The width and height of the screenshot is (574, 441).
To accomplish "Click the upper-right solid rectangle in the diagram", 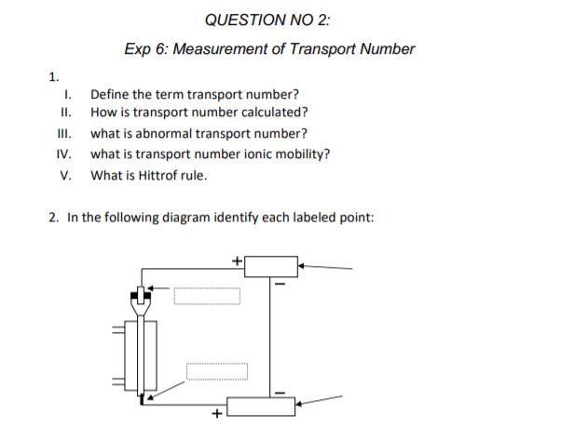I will (x=270, y=265).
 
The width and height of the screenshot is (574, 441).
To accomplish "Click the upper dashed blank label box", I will (x=206, y=295).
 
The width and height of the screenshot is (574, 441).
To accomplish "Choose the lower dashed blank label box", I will (x=216, y=371).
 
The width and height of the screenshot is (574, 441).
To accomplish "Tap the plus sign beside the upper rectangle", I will (x=237, y=260).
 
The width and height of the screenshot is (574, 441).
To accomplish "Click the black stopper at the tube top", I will (x=141, y=299).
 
